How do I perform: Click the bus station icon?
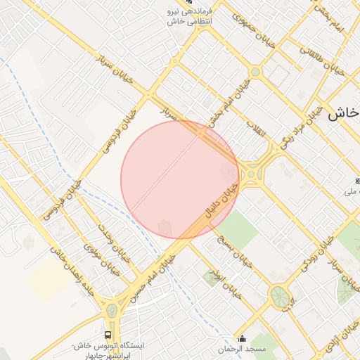click(108, 335)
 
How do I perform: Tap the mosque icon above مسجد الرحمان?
click(243, 338)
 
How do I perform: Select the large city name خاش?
click(343, 112)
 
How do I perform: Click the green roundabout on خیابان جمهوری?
click(255, 72)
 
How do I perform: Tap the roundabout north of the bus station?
click(112, 309)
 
